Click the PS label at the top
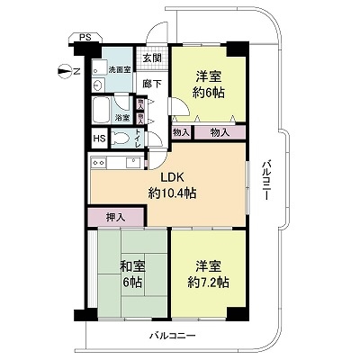pyautogui.click(x=85, y=37)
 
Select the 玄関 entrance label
pyautogui.click(x=152, y=58)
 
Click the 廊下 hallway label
pyautogui.click(x=152, y=84)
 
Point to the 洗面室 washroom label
pyautogui.click(x=118, y=69)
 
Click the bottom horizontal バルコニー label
pyautogui.click(x=173, y=336)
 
